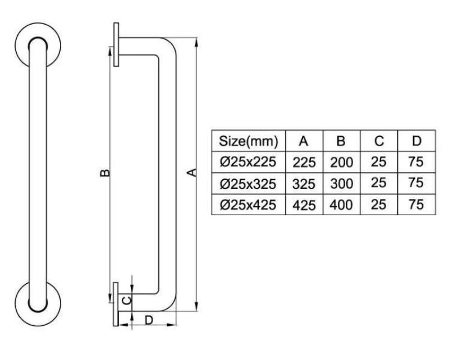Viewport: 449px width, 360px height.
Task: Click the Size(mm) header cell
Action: pos(248,140)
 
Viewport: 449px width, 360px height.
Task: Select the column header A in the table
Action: pos(304,140)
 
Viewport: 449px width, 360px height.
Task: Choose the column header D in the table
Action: pos(416,140)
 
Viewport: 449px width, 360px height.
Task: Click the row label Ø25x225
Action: pos(248,161)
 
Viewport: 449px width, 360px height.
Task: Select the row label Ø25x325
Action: pos(248,183)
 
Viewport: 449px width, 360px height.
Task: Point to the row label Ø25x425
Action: pos(248,205)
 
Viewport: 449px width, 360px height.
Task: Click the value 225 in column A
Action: pos(304,162)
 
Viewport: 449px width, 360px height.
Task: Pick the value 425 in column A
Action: pos(304,205)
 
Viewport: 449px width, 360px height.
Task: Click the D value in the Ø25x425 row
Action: pos(416,205)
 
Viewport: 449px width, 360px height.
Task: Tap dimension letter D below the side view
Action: pos(149,320)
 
